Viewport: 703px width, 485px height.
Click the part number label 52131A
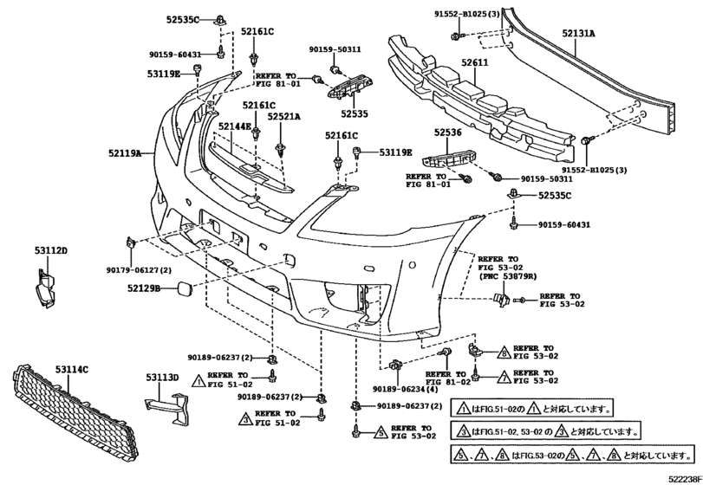tap(579, 33)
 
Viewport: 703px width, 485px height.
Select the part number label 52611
tap(475, 62)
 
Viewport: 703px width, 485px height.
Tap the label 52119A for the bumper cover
tap(125, 153)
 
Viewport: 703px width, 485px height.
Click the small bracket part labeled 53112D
tap(45, 288)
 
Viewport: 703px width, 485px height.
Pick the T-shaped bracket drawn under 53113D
tap(167, 406)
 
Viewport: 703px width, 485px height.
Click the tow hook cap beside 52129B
tap(185, 288)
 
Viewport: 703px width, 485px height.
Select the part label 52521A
tap(283, 116)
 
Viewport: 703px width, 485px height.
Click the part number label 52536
tap(447, 133)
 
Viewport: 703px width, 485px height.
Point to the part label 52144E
tap(235, 126)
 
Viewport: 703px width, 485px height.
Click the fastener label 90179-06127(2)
tap(139, 270)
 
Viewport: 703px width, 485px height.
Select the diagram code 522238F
tap(686, 480)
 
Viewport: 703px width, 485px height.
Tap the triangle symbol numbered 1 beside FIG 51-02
tap(198, 381)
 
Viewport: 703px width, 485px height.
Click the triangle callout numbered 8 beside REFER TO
tap(504, 353)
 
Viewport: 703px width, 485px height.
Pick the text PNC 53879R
tap(510, 276)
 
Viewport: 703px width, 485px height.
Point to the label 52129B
tap(144, 288)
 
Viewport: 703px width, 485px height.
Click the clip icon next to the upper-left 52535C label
tap(220, 20)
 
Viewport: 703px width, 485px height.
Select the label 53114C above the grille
tap(72, 370)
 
